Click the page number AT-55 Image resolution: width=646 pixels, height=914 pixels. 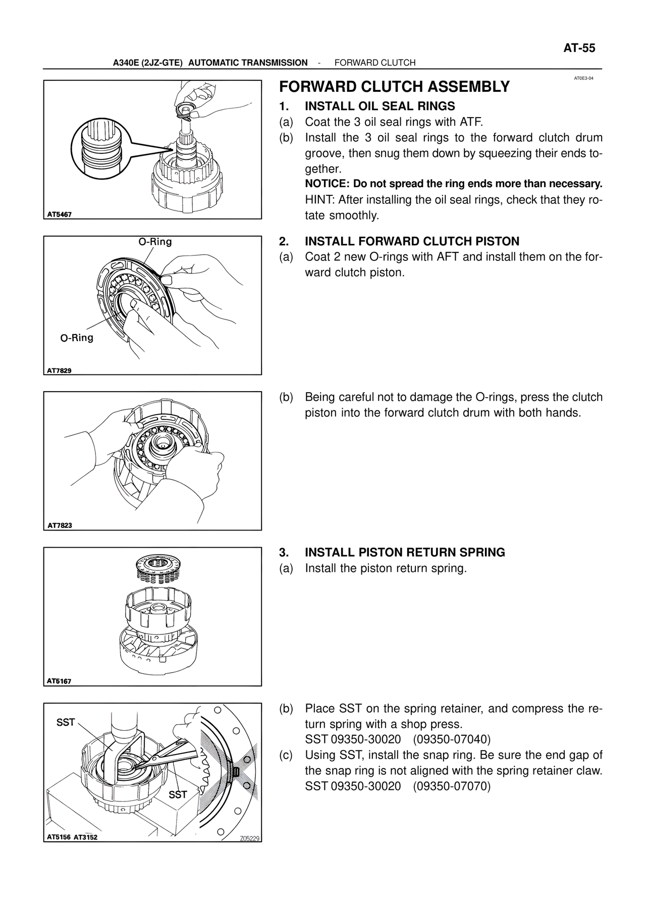[x=579, y=48]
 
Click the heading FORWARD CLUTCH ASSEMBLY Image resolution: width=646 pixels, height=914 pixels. [x=394, y=87]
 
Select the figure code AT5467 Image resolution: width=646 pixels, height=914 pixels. [x=60, y=214]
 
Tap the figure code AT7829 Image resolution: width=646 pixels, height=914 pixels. [x=60, y=370]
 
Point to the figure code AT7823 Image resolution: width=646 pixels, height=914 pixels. [x=60, y=525]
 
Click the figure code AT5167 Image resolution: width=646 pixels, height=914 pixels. [x=60, y=681]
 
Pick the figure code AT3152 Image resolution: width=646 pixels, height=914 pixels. [x=85, y=837]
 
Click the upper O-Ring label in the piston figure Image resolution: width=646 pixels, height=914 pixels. [x=155, y=242]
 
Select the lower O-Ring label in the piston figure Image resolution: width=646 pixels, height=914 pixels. [x=77, y=338]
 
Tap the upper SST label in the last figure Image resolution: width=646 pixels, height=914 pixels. [x=66, y=723]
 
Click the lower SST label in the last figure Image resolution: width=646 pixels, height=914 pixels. [x=178, y=795]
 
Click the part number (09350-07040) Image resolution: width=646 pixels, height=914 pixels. [x=451, y=740]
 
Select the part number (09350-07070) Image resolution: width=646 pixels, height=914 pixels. [x=451, y=786]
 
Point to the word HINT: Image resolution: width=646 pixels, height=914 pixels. [x=319, y=200]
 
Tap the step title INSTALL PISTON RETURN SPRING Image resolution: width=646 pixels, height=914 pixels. [x=405, y=553]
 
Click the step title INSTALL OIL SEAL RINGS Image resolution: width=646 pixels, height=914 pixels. [x=380, y=106]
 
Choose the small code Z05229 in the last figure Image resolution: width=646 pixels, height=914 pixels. [x=249, y=839]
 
